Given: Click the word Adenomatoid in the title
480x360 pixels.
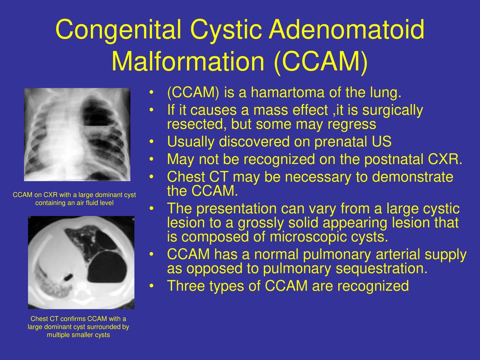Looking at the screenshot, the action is click(x=346, y=30).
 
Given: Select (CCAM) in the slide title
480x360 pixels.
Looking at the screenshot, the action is click(x=320, y=61).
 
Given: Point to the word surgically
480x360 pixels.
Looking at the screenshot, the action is click(x=392, y=111).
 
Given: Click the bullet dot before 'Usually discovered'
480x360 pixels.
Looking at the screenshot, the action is click(x=151, y=142).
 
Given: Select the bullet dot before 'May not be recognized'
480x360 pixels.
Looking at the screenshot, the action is click(x=151, y=159).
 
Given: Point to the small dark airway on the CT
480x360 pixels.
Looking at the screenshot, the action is click(x=67, y=277).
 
